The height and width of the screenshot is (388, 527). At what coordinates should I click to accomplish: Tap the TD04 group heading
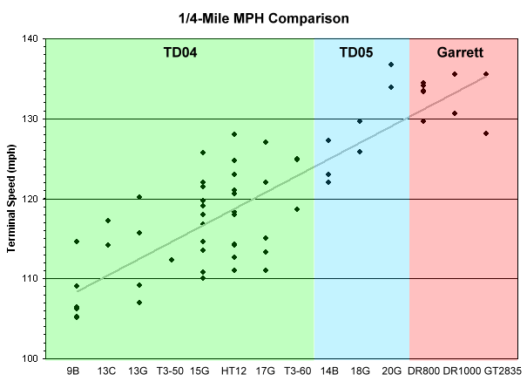180,52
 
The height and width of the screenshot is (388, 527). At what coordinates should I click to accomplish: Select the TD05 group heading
355,52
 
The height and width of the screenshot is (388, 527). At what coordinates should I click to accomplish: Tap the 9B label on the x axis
76,371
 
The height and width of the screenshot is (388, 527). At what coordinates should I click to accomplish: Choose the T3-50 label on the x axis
171,371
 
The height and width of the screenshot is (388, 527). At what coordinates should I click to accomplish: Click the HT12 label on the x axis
234,371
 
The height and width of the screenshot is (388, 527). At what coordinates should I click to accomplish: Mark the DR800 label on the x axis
423,371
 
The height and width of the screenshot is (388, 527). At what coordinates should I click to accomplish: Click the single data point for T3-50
171,260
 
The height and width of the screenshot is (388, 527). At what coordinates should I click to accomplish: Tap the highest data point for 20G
391,65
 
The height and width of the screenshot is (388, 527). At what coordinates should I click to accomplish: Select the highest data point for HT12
234,134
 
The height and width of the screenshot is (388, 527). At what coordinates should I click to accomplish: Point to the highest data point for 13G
139,197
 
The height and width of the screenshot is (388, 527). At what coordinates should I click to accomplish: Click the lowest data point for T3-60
297,209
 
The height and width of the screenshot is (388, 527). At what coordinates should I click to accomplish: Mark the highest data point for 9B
77,242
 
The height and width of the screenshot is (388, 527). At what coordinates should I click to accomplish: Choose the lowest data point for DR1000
455,113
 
